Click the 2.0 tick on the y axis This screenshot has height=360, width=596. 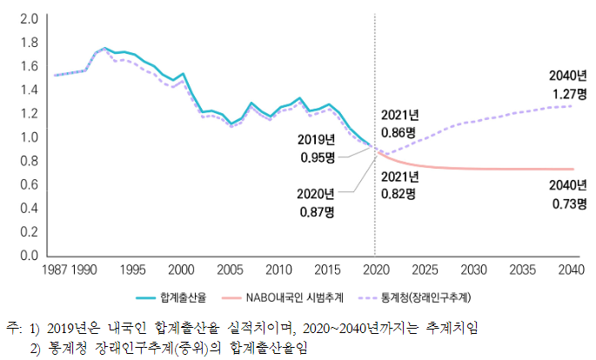click(x=28, y=18)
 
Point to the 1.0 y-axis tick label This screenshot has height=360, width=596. click(x=28, y=137)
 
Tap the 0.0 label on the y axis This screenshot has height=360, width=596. click(x=28, y=257)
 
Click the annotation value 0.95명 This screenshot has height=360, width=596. click(x=317, y=157)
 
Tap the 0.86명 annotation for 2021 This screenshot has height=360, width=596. click(x=399, y=132)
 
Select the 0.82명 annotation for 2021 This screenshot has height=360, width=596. click(x=399, y=194)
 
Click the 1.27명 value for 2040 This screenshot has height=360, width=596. click(x=569, y=92)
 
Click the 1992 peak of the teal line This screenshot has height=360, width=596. click(x=104, y=48)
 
